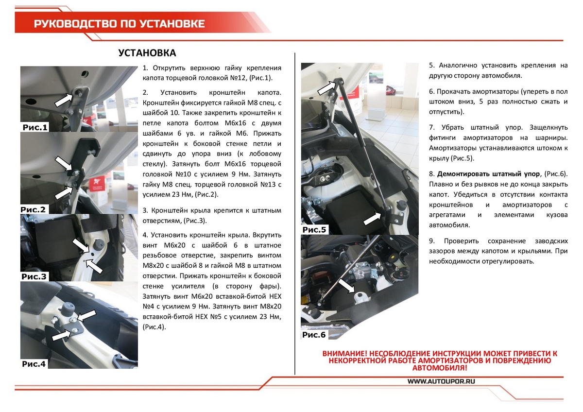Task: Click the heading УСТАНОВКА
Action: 147,53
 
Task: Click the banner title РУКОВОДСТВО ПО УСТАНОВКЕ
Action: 119,24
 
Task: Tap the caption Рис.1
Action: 35,128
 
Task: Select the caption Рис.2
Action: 34,209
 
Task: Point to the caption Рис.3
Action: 34,277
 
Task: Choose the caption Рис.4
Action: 34,363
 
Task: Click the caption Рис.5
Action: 314,230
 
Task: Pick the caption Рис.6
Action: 314,335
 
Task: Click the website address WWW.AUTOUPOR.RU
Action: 441,382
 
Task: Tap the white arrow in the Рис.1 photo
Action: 64,100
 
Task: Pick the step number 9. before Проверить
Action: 432,241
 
